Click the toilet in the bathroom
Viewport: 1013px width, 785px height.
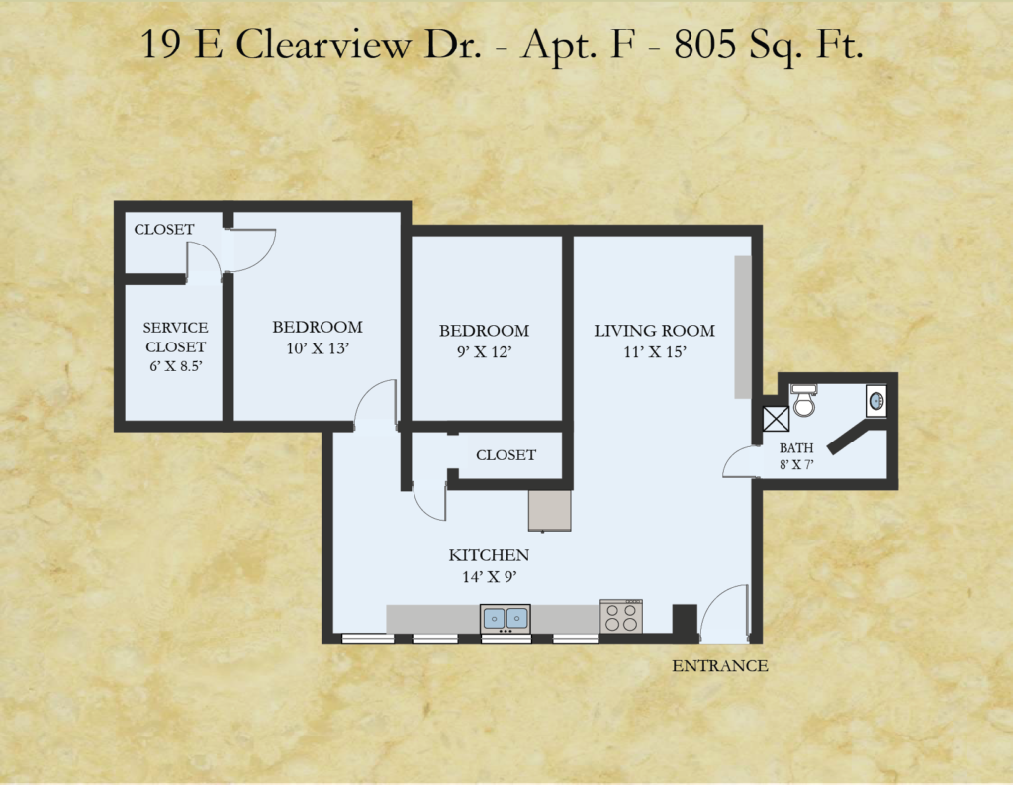click(x=803, y=400)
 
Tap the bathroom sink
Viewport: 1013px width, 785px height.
click(x=876, y=401)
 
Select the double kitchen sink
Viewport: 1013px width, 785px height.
click(x=506, y=619)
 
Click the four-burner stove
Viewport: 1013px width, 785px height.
click(x=621, y=617)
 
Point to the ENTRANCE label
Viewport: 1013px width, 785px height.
click(x=720, y=666)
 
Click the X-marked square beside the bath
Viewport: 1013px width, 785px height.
click(x=776, y=419)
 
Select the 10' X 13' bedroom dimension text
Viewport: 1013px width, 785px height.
click(x=318, y=348)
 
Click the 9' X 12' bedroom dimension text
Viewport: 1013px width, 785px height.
click(x=484, y=352)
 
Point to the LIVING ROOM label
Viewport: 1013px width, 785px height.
click(x=655, y=331)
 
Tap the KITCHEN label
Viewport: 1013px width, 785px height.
click(x=489, y=555)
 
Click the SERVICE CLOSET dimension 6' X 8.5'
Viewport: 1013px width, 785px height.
click(x=176, y=366)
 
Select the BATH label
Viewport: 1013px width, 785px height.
click(x=796, y=448)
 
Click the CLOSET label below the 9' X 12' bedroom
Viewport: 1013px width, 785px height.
click(x=506, y=455)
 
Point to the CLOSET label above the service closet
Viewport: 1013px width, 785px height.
click(x=164, y=229)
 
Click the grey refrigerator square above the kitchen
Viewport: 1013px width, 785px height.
click(x=550, y=510)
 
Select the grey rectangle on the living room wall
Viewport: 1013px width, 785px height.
click(x=743, y=327)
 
